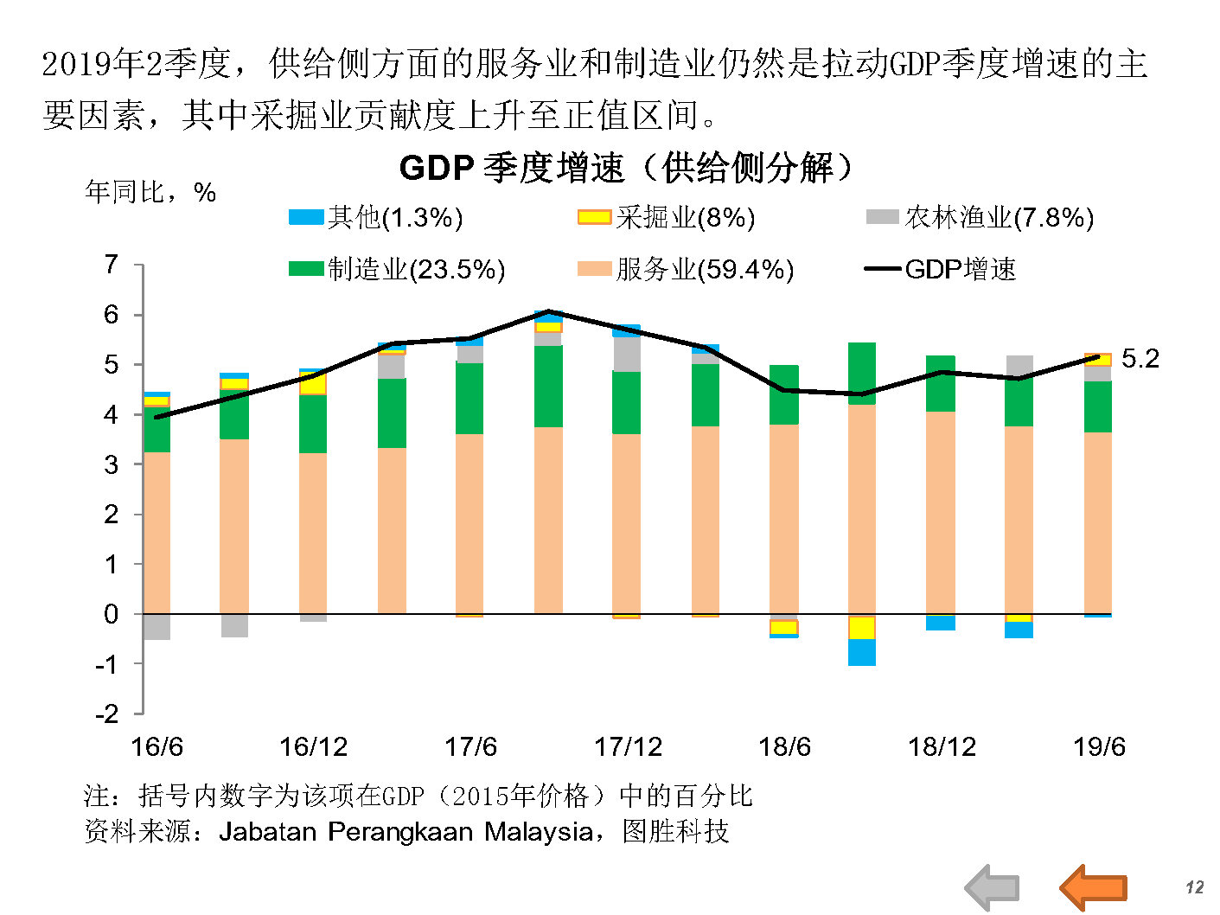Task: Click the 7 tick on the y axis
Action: coord(111,264)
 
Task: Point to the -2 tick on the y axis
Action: coord(106,713)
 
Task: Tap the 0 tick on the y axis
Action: coord(111,614)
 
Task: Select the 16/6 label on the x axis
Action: coord(156,746)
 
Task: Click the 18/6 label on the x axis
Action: coord(784,746)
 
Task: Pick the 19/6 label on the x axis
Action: coord(1099,746)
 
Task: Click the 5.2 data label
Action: coord(1140,358)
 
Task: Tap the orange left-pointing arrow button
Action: coord(1093,887)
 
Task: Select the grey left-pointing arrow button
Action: coord(992,887)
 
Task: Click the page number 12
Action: coord(1194,887)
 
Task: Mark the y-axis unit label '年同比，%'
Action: coord(150,192)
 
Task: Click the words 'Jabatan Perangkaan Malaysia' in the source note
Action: coord(406,832)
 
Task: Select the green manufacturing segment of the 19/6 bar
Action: coord(1098,406)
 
